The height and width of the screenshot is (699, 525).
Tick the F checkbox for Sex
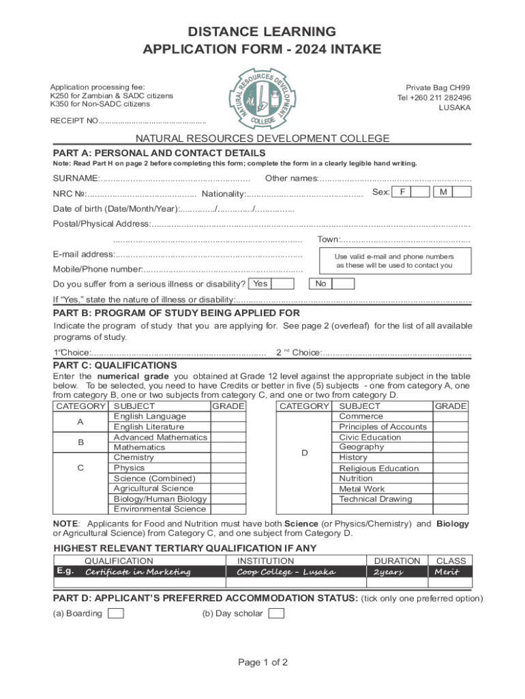pos(412,192)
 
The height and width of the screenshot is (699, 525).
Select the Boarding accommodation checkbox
pos(117,613)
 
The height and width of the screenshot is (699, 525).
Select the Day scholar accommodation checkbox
pos(276,613)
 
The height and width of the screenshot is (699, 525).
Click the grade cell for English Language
pos(228,416)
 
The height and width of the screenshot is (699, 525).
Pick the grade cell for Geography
pos(451,447)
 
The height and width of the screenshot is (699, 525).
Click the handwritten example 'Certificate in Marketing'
pos(138,571)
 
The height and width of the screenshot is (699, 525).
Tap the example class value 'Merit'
pos(450,571)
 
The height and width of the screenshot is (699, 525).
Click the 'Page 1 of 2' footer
pos(262,662)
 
